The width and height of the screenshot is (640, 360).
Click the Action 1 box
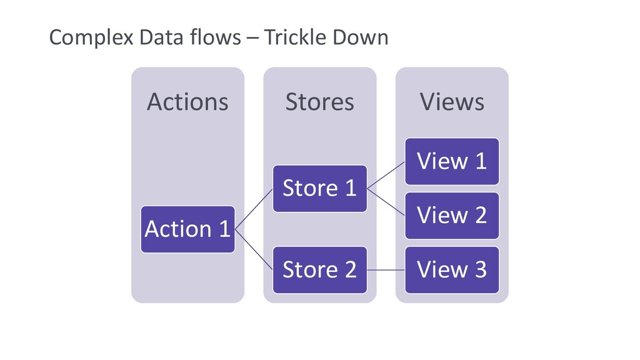[x=187, y=229]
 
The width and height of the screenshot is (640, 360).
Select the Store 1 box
[x=320, y=189]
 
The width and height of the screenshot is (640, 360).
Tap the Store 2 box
[x=320, y=270]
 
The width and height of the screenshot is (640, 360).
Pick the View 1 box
[x=452, y=161]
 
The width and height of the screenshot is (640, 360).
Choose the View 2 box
[x=452, y=216]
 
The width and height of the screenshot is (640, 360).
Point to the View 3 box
[x=452, y=270]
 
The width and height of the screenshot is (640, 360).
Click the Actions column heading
[x=187, y=102]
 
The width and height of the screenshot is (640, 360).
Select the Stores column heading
[x=320, y=102]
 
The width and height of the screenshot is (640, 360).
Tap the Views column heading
[x=452, y=102]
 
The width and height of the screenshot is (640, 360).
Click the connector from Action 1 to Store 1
[x=254, y=209]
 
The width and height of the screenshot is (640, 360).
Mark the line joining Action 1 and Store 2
[x=254, y=249]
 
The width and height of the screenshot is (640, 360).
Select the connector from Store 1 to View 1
[x=386, y=175]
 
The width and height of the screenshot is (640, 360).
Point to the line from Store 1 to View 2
[x=386, y=202]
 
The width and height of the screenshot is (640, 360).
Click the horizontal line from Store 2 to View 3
[x=386, y=270]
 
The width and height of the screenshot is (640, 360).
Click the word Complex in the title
[x=91, y=38]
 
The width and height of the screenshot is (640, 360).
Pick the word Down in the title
[x=360, y=37]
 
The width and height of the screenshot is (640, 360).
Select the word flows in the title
[x=215, y=37]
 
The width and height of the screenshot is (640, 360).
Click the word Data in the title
[x=161, y=37]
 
